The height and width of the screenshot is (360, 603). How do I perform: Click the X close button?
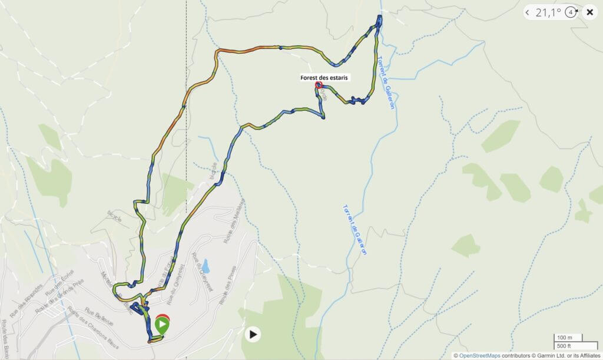(589, 12)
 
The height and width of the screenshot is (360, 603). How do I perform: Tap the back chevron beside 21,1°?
(528, 12)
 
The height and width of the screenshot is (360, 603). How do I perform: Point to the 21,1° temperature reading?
(548, 12)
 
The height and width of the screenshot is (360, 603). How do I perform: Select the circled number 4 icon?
(570, 12)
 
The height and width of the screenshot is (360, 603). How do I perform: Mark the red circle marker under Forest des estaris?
(319, 85)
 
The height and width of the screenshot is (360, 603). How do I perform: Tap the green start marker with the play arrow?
(162, 323)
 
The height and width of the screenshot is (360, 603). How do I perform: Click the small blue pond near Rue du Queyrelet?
(205, 265)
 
